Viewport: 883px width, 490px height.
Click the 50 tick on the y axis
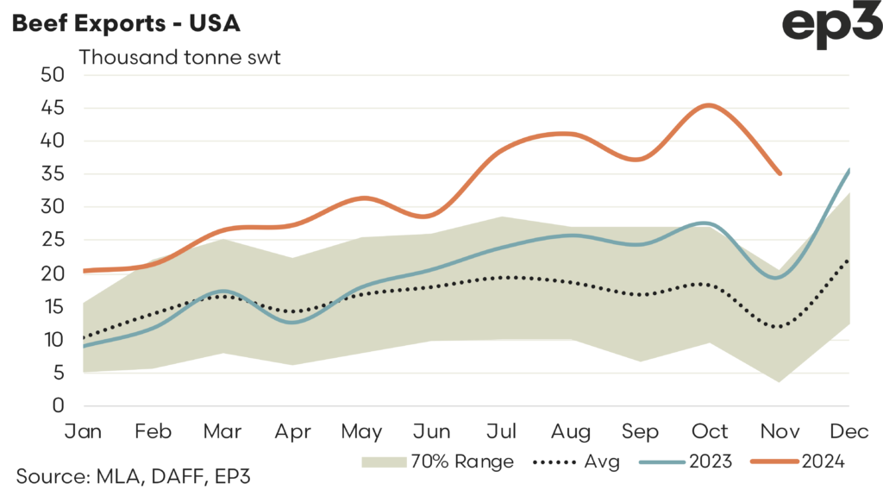53,74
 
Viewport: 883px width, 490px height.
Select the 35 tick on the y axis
53,174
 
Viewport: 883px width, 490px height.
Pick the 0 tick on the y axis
58,405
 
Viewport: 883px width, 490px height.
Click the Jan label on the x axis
84,430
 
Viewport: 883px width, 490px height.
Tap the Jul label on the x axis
501,430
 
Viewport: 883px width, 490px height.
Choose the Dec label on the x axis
849,430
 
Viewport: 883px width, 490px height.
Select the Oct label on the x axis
711,430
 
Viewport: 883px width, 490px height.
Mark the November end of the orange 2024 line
780,173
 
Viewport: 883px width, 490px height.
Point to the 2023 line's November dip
778,277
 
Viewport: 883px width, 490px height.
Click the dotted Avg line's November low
778,327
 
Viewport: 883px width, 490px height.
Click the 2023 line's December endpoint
849,170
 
